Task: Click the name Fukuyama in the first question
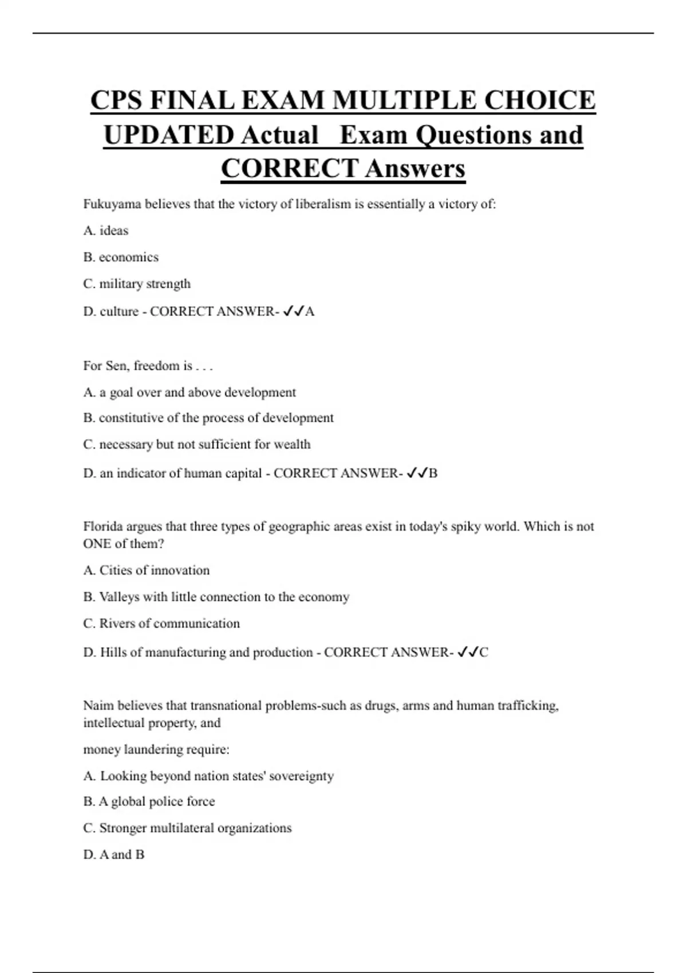(x=112, y=204)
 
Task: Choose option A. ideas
(x=106, y=231)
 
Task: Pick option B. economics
(x=121, y=257)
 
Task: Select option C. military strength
(x=137, y=284)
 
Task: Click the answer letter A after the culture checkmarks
(x=310, y=311)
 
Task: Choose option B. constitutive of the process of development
(x=208, y=418)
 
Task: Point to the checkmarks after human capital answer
(x=417, y=473)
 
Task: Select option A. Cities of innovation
(x=147, y=570)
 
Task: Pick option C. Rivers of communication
(x=161, y=623)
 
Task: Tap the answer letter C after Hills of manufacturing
(x=484, y=652)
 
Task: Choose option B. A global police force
(x=149, y=801)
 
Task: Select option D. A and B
(x=114, y=855)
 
